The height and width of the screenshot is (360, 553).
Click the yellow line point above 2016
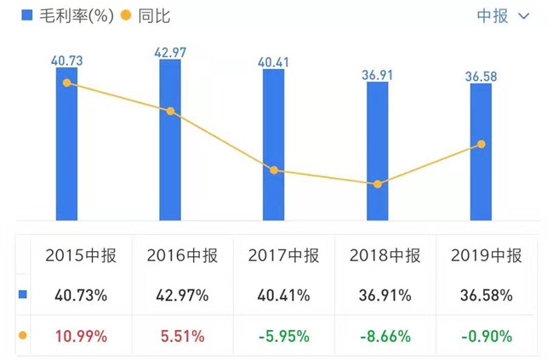pos(170,111)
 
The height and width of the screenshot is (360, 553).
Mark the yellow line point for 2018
pos(378,184)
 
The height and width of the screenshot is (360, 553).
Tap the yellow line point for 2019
pos(482,145)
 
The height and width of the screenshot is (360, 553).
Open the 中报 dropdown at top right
pos(502,16)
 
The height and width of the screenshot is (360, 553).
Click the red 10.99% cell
pos(80,336)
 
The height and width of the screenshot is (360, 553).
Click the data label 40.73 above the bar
pos(66,61)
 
